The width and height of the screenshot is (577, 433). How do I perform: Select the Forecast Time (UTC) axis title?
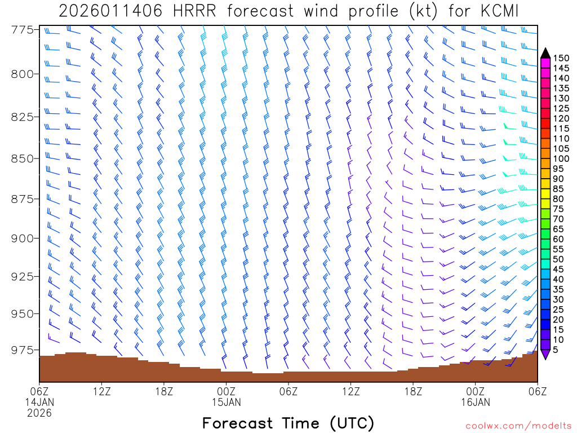pos(288,423)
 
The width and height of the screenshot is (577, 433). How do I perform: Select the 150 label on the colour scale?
pos(561,58)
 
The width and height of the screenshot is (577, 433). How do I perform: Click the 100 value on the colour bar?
pos(561,158)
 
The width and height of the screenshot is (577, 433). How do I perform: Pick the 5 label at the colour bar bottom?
pos(556,350)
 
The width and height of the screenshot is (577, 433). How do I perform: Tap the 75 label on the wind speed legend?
pos(559,209)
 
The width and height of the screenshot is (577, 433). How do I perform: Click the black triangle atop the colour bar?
pos(545,53)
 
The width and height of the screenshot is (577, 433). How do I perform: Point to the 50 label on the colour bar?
pos(559,259)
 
